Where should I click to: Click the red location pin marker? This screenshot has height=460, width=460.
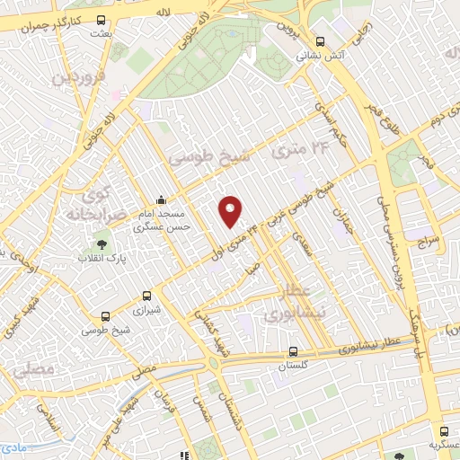(232, 210)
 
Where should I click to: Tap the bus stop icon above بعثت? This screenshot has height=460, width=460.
(101, 20)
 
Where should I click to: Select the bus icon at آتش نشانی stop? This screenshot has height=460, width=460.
(321, 40)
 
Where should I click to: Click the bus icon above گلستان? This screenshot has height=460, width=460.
(294, 351)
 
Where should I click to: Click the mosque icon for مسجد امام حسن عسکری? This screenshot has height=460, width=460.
(161, 199)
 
